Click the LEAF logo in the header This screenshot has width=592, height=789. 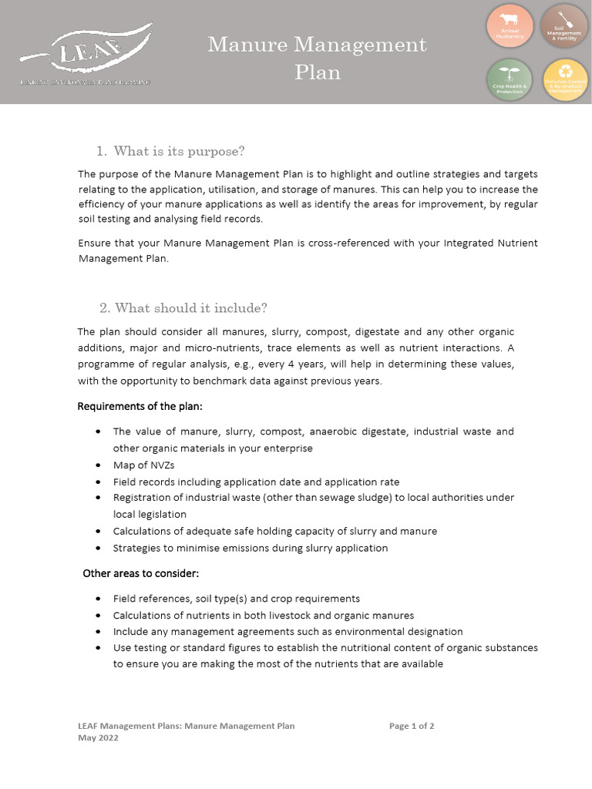click(x=86, y=55)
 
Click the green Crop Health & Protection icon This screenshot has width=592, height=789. click(x=510, y=80)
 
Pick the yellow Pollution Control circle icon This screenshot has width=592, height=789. click(x=564, y=80)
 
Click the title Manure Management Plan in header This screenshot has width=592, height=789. click(x=317, y=59)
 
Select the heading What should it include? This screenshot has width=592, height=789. click(x=190, y=308)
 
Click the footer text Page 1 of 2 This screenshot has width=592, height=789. click(x=412, y=726)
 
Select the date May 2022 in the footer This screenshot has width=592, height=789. click(x=99, y=737)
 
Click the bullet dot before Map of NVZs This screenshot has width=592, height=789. click(x=98, y=465)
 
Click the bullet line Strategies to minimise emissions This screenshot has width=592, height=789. click(x=251, y=549)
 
